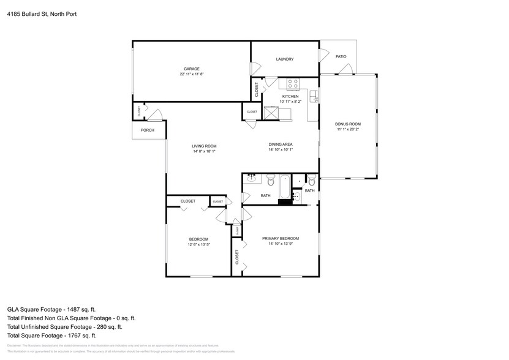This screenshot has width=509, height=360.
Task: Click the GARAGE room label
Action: click(x=192, y=69)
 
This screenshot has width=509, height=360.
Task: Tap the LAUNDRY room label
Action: click(x=284, y=59)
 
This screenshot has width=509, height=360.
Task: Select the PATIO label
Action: click(x=341, y=56)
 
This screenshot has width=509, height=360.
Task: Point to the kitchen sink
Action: click(x=313, y=96)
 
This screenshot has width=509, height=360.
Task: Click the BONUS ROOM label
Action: click(x=348, y=124)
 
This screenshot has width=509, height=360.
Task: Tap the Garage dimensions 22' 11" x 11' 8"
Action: click(x=192, y=74)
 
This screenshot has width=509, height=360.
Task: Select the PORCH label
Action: click(x=147, y=130)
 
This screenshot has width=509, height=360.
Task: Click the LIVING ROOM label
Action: click(x=204, y=146)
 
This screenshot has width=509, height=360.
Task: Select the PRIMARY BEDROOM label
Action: click(x=281, y=238)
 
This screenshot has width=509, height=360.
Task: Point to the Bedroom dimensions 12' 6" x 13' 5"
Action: click(x=198, y=244)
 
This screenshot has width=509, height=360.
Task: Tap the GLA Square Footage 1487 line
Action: click(x=51, y=309)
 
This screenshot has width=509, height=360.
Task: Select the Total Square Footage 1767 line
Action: click(x=51, y=335)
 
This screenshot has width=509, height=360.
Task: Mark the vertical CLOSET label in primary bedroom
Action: click(x=237, y=257)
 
